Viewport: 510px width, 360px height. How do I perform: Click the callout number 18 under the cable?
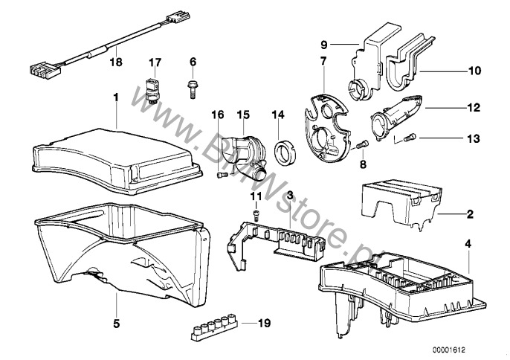point(116,62)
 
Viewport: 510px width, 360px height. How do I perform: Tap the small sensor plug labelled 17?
point(151,90)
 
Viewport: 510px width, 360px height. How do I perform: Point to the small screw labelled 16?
point(221,176)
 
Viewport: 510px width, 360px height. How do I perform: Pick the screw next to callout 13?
point(410,138)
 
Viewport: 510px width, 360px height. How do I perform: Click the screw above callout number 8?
point(363,144)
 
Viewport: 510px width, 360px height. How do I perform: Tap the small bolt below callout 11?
point(256,216)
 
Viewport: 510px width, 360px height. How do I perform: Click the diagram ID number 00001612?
point(449,350)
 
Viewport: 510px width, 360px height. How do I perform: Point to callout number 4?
point(468,244)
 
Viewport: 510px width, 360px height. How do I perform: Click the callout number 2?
point(470,214)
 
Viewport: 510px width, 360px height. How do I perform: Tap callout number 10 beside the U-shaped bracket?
point(474,71)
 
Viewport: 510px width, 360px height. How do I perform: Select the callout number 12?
point(474,107)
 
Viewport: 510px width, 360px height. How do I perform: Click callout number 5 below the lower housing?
point(116,324)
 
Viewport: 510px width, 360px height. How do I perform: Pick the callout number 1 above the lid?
point(116,97)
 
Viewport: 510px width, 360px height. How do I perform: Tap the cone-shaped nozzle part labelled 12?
point(396,117)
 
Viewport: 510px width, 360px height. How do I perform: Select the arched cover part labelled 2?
point(401,204)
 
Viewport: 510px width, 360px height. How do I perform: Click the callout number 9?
point(324,45)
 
